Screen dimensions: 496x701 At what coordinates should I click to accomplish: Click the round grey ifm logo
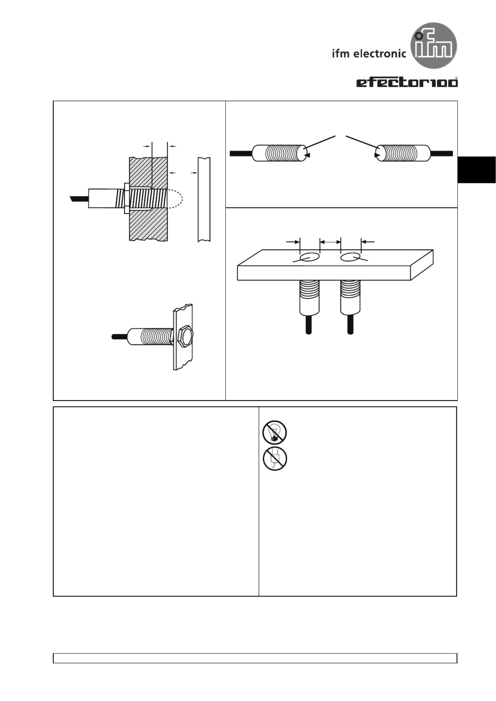(x=434, y=46)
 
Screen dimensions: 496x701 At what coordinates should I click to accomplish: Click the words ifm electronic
(x=369, y=54)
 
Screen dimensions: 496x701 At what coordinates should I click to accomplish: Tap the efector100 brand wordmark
(x=407, y=82)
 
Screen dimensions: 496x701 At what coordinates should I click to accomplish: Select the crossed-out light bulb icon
(x=274, y=432)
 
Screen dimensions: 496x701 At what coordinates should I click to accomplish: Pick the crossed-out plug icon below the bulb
(x=274, y=459)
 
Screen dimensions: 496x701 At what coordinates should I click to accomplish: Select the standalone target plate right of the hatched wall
(x=204, y=199)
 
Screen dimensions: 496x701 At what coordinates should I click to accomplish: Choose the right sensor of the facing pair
(x=403, y=153)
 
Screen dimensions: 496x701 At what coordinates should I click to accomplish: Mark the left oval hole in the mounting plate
(x=309, y=257)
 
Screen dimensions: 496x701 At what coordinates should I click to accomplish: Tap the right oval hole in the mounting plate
(x=350, y=257)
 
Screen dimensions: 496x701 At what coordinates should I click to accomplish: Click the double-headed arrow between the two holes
(x=330, y=242)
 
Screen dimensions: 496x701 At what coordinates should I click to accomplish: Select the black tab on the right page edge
(x=477, y=170)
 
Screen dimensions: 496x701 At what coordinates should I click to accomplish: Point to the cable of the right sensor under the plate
(x=350, y=324)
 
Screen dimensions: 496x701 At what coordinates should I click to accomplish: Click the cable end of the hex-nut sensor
(x=120, y=337)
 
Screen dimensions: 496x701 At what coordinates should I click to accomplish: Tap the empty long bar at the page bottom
(x=255, y=658)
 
